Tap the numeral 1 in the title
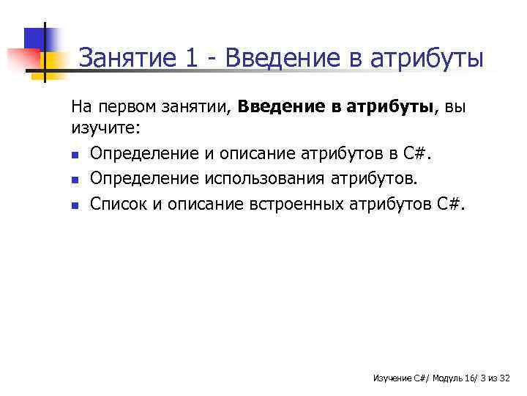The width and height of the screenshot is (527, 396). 191,57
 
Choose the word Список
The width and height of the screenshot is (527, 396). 118,204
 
